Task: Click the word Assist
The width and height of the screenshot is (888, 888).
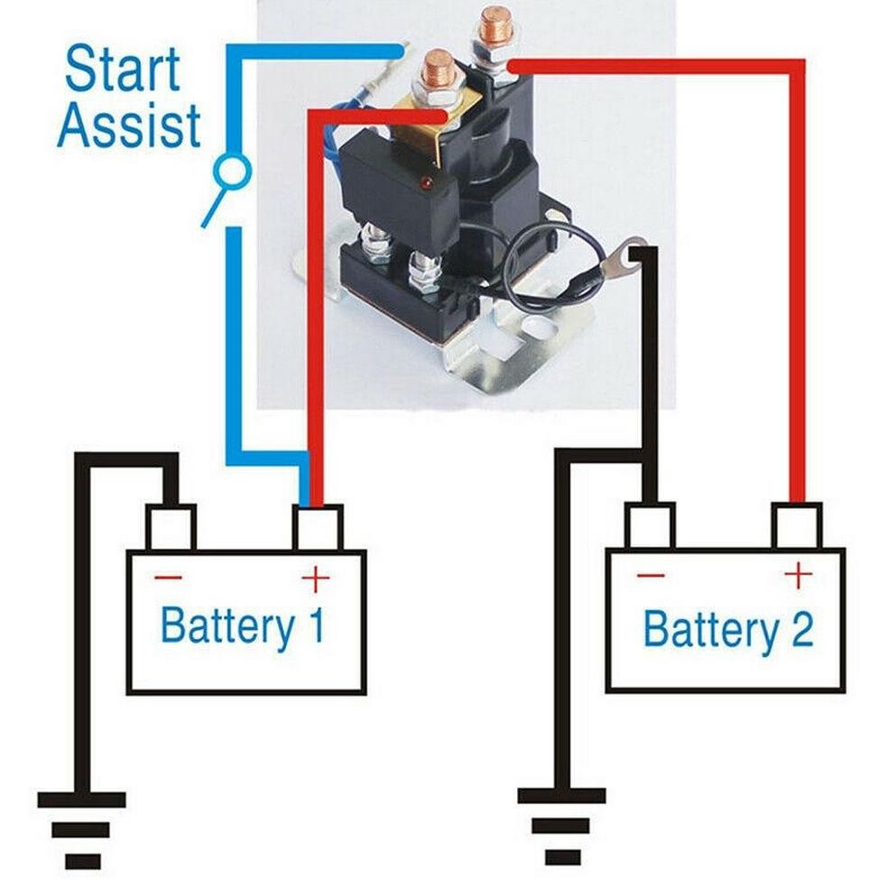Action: click(128, 125)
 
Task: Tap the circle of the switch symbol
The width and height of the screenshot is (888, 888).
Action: click(233, 169)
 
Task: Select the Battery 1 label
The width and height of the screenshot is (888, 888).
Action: click(241, 625)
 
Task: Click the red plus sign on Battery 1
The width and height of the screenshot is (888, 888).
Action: click(315, 578)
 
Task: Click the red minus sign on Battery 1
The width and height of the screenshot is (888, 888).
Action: click(168, 578)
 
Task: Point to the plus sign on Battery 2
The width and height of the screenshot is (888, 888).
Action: click(797, 574)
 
